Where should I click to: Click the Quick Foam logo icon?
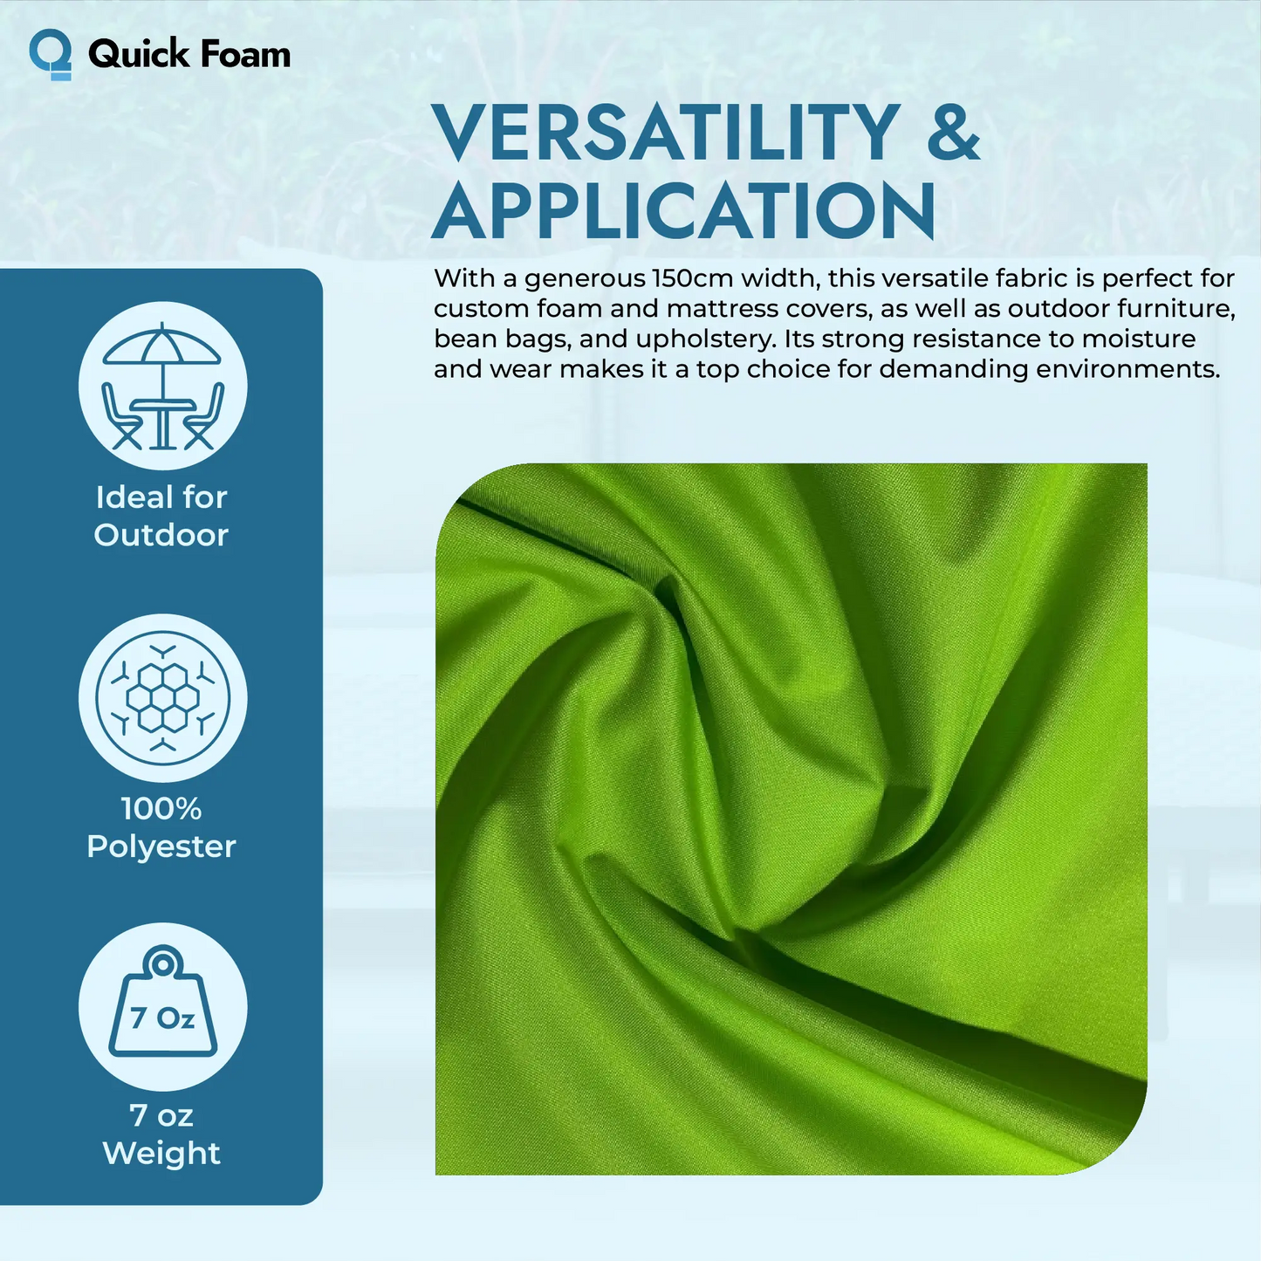coord(50,54)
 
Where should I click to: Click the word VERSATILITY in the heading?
coord(666,133)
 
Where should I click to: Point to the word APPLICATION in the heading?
coord(684,211)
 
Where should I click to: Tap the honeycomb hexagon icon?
coord(162,697)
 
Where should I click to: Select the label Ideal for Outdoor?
coord(161,516)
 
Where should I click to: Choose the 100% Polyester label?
coord(161,827)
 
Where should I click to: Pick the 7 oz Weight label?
coord(161,1134)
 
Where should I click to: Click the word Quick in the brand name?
coord(131,54)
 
